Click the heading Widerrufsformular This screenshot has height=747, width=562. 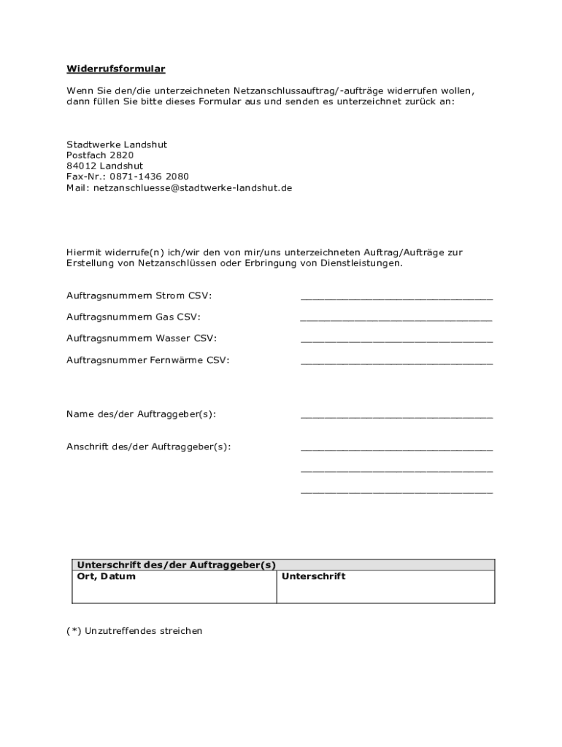pyautogui.click(x=116, y=69)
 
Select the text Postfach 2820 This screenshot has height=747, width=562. pyautogui.click(x=100, y=155)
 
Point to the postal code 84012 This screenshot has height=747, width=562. pyautogui.click(x=81, y=166)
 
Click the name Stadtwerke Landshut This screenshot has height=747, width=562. pyautogui.click(x=117, y=144)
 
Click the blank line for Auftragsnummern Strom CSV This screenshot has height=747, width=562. pyautogui.click(x=396, y=298)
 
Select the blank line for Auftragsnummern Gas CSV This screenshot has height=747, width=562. pyautogui.click(x=396, y=319)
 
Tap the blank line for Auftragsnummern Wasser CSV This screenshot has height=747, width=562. pyautogui.click(x=396, y=340)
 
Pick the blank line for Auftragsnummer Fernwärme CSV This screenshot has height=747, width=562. pyautogui.click(x=396, y=362)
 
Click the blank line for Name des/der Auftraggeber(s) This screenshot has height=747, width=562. pyautogui.click(x=396, y=416)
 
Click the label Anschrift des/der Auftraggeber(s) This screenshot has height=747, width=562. pyautogui.click(x=148, y=446)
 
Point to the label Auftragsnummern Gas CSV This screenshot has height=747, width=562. pyautogui.click(x=133, y=317)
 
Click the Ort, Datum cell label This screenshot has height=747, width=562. pyautogui.click(x=107, y=577)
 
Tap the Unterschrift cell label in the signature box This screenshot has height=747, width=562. pyautogui.click(x=313, y=577)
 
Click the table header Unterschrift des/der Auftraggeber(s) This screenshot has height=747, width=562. pyautogui.click(x=177, y=565)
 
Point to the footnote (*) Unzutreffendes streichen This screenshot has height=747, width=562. pyautogui.click(x=134, y=631)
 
